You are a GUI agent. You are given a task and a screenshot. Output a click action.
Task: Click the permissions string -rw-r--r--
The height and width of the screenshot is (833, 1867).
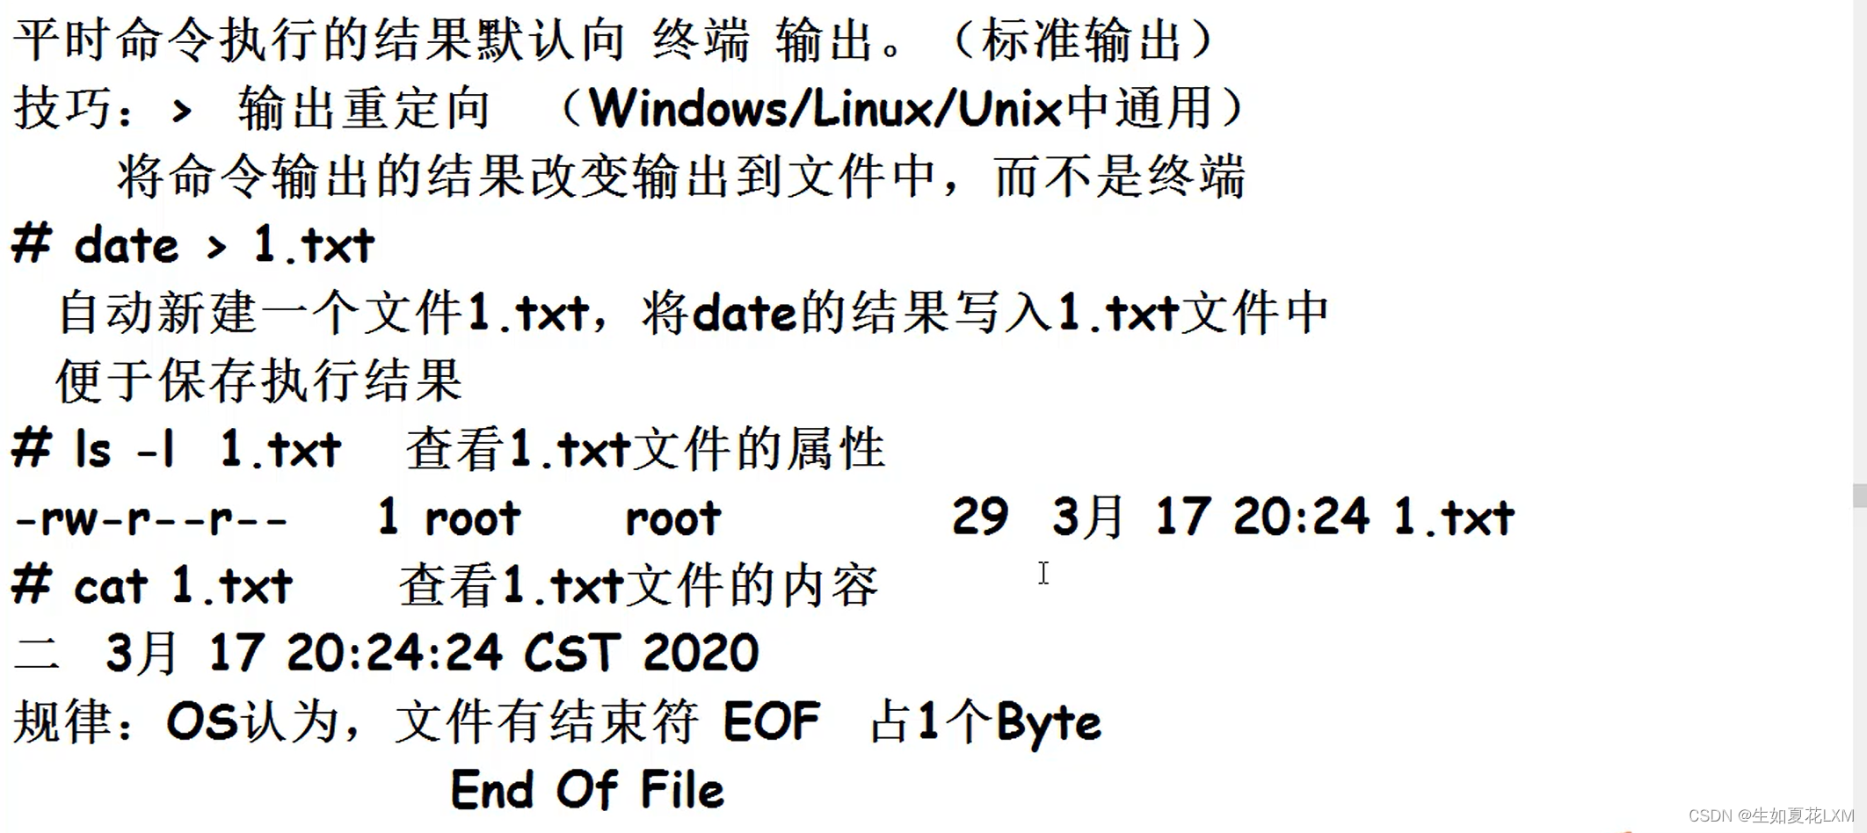tap(151, 518)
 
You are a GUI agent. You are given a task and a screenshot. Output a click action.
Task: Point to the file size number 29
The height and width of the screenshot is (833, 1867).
tap(979, 517)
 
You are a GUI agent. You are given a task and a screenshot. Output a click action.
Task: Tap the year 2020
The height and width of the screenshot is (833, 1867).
tap(701, 653)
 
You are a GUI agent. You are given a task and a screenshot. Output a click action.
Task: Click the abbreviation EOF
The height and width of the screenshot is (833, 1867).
tap(771, 721)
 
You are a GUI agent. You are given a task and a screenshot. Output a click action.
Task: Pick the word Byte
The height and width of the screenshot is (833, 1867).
tap(1048, 723)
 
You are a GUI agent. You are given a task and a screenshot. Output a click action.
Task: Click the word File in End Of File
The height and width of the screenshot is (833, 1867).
tap(682, 789)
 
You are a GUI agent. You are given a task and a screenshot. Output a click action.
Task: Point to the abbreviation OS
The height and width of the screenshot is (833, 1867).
tap(201, 721)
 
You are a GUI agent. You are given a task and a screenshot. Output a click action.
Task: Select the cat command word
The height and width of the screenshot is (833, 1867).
tap(110, 586)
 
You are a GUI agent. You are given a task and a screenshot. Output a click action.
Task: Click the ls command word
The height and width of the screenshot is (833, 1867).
tap(93, 450)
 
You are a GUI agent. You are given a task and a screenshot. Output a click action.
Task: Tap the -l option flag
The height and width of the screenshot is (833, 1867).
tap(156, 450)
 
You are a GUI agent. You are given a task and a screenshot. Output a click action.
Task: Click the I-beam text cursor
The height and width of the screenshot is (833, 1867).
tap(1043, 573)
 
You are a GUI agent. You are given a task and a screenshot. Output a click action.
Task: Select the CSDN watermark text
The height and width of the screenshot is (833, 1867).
tap(1770, 815)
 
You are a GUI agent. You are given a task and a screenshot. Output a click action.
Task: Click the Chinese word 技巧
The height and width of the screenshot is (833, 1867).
tap(63, 109)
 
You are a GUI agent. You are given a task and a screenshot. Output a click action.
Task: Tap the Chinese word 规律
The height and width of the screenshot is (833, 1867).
tap(63, 721)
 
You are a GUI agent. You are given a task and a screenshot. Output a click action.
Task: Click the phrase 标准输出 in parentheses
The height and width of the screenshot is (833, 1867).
tap(1081, 40)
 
